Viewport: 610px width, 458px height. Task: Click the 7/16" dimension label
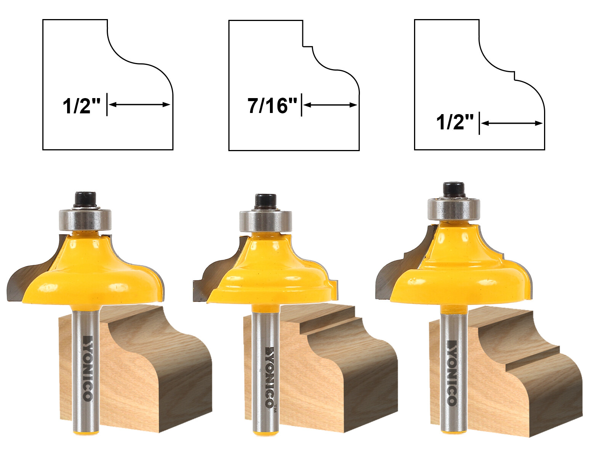coord(272,105)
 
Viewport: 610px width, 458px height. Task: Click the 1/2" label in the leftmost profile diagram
coord(82,106)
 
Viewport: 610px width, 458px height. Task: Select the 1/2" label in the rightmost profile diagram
coord(455,122)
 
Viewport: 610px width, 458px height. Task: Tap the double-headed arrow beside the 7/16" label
coord(330,105)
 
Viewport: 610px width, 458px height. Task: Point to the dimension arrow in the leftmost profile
coord(139,104)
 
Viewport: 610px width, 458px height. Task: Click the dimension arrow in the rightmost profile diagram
coord(511,123)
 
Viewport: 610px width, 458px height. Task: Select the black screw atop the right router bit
coord(454,189)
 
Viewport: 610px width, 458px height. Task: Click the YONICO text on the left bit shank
coord(87,368)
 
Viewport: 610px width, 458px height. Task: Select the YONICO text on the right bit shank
coord(452,372)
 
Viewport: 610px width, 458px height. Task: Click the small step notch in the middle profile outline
coord(308,47)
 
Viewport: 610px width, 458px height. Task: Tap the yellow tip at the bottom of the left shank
coord(86,431)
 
